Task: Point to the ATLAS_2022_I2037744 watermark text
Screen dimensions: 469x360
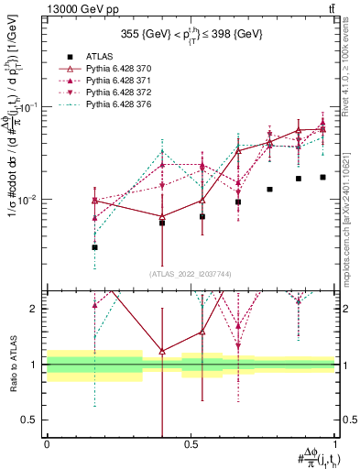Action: [189, 274]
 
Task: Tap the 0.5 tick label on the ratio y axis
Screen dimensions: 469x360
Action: [30, 420]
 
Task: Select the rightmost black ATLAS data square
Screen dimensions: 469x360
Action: [322, 177]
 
